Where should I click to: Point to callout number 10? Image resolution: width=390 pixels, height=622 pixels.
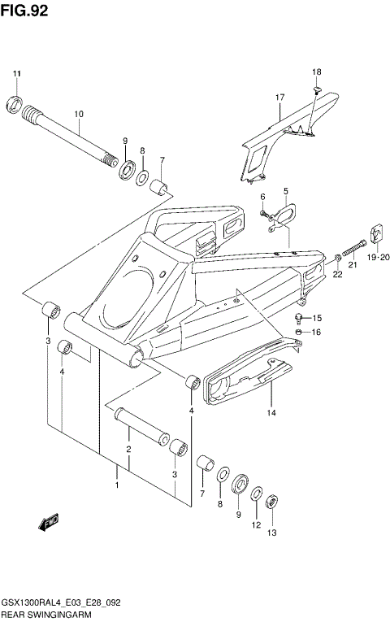(79, 115)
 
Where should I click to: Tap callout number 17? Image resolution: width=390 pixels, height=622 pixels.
(279, 98)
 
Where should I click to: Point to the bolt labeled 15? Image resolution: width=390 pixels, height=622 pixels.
(301, 317)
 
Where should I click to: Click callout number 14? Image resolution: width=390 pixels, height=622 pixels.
(271, 413)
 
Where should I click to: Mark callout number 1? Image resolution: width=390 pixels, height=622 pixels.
(117, 485)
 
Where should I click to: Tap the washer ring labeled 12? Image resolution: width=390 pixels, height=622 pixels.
(257, 494)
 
